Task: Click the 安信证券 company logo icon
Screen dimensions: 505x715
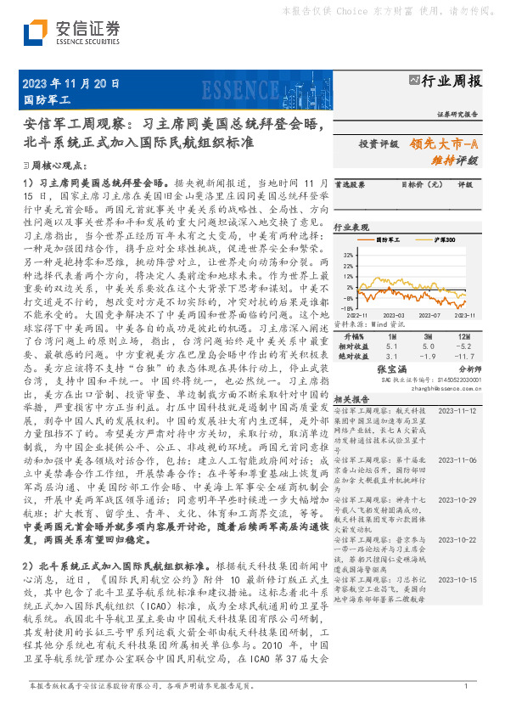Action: coord(35,34)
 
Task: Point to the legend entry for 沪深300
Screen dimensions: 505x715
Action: coord(440,240)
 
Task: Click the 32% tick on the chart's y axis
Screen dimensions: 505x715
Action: coord(348,253)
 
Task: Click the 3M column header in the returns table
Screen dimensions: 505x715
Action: coord(428,336)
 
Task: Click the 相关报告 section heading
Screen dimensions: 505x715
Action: coord(351,397)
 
